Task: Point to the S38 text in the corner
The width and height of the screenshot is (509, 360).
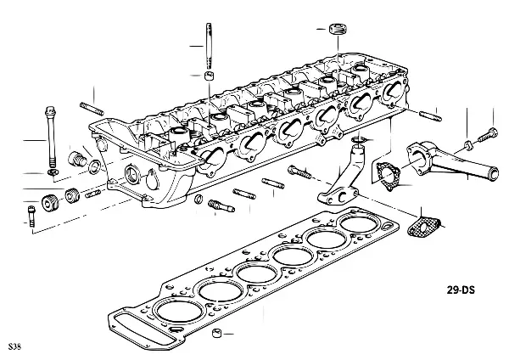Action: click(13, 348)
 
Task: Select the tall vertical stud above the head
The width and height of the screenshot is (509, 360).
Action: click(207, 42)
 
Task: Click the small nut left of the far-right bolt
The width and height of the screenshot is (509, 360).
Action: click(469, 140)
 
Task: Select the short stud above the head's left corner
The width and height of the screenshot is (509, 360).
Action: click(91, 108)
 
